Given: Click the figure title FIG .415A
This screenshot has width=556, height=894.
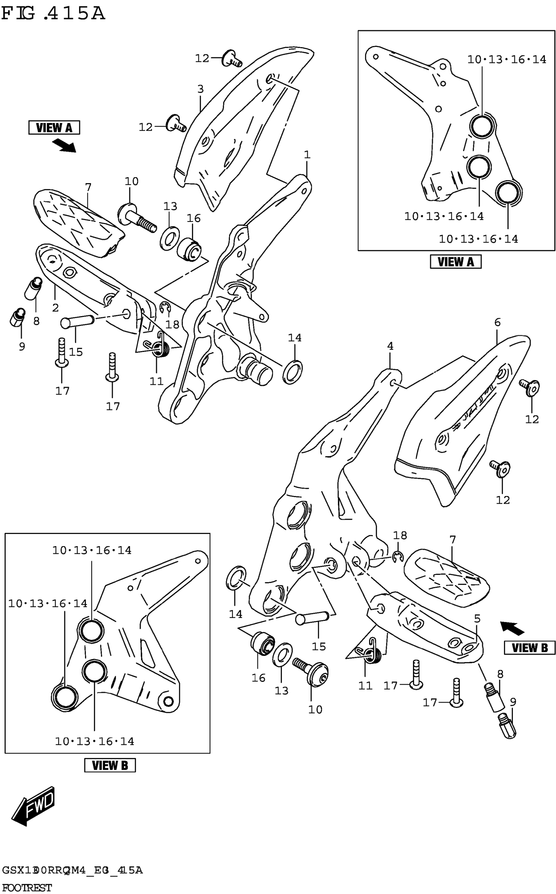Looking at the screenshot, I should (53, 14).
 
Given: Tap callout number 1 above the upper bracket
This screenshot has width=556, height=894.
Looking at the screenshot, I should (307, 155).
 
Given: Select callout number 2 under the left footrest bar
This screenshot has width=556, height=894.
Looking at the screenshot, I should (55, 308).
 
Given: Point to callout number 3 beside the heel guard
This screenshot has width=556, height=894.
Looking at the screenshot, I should (200, 89).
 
